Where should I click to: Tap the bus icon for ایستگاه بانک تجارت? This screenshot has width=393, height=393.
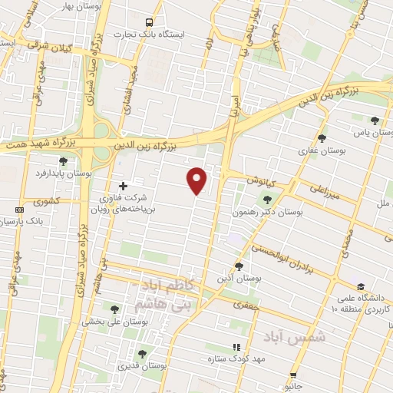coord(150,23)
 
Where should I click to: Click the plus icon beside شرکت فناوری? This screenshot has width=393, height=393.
coord(124,185)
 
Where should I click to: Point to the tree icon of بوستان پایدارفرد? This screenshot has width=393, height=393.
coord(63,161)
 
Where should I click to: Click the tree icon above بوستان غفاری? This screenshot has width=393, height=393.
coord(322,138)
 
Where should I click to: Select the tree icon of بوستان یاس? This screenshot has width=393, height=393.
coord(374,121)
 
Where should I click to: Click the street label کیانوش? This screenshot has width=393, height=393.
coord(260,179)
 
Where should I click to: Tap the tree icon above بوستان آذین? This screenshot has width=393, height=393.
coord(239,266)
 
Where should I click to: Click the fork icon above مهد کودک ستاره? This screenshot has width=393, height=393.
coord(236,347)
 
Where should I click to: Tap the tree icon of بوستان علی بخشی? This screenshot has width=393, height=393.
coord(114,309)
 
